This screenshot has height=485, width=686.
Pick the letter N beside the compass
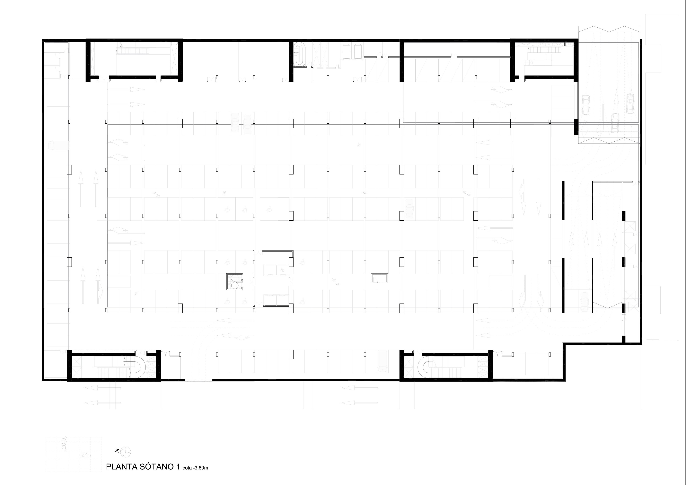pos(117,451)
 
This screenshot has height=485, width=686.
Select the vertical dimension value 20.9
pos(64,444)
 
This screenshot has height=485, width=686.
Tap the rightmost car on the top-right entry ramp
pos(630,104)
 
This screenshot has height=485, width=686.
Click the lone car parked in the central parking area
pos(409,209)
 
